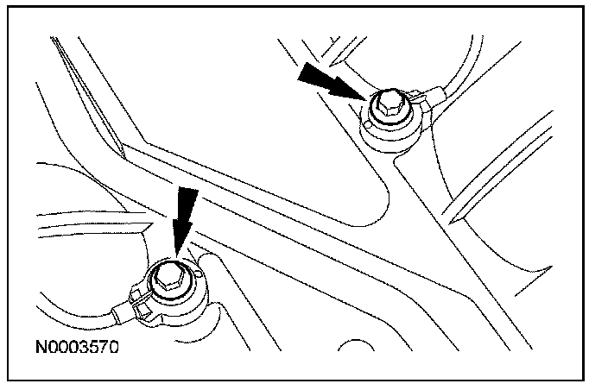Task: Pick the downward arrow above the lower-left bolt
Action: [180, 220]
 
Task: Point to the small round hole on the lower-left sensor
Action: [199, 275]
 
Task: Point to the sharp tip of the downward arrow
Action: [177, 255]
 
